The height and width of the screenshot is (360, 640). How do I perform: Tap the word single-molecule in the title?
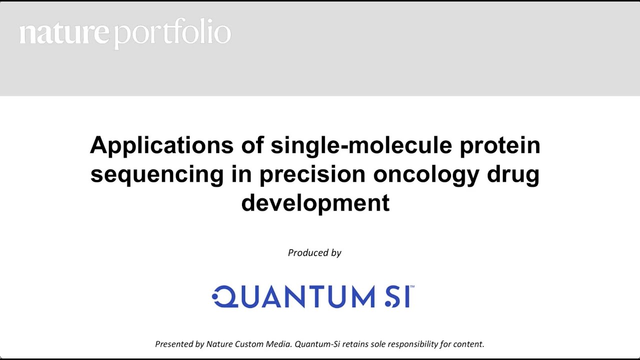pos(361,145)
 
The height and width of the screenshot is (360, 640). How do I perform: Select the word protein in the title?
pos(500,145)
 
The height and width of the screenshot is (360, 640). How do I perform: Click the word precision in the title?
pos(312,174)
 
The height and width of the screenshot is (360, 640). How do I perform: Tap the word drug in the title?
pos(513,174)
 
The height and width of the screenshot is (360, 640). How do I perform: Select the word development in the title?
pos(315,203)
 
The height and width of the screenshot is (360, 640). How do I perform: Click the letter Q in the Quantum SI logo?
pos(223,296)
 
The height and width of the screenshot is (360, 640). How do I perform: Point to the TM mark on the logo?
pos(412,287)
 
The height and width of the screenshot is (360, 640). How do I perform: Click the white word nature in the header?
pos(64,33)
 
